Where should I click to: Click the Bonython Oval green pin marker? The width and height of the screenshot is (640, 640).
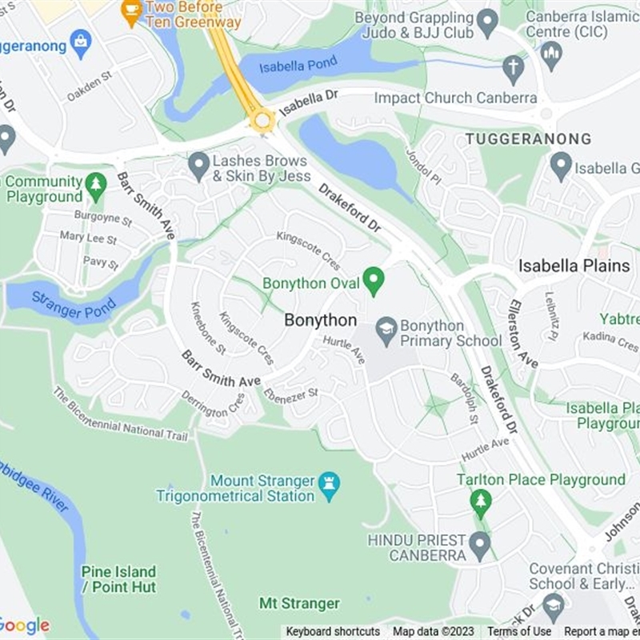click(373, 281)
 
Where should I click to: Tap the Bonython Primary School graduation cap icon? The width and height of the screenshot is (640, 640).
click(387, 330)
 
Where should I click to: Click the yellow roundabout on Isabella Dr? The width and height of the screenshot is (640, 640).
click(262, 121)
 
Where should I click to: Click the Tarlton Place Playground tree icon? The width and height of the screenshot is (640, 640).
click(480, 503)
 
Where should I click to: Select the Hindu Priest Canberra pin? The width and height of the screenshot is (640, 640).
click(479, 546)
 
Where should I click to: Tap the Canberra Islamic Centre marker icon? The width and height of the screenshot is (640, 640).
click(550, 54)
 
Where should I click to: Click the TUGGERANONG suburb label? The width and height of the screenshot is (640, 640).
click(528, 139)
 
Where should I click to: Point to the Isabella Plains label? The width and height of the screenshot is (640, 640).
click(574, 266)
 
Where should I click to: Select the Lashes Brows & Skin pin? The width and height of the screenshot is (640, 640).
click(198, 166)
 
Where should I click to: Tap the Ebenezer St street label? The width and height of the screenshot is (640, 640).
click(294, 392)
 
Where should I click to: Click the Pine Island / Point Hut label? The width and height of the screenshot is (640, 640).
click(118, 579)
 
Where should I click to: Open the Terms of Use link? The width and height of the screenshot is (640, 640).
click(519, 631)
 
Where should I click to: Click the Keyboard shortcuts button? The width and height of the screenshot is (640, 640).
click(333, 631)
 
